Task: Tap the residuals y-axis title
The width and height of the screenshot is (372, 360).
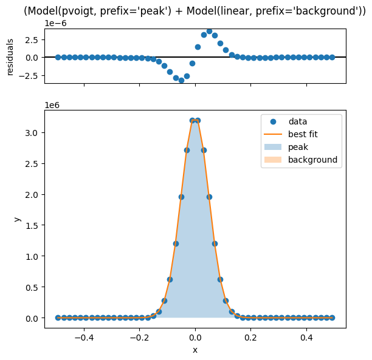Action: tap(10, 57)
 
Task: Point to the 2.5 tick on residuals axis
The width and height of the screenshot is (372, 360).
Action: tap(32, 40)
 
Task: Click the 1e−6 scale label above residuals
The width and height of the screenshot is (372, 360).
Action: tap(56, 23)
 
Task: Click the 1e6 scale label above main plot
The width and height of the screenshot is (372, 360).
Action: tap(52, 105)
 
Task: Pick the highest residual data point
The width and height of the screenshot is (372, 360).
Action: tap(209, 32)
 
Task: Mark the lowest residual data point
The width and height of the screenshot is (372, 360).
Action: tap(181, 80)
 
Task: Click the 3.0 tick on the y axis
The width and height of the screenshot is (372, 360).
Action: tap(32, 133)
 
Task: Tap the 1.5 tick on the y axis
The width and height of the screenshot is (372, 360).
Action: tap(32, 226)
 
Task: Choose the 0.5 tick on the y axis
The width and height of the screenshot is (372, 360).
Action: tap(32, 288)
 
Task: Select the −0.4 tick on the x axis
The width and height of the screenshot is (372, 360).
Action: tap(84, 338)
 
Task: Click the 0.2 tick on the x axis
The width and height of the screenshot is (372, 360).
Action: tap(251, 338)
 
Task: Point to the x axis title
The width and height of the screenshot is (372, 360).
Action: tap(195, 350)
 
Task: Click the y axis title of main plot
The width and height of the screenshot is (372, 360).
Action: tap(17, 219)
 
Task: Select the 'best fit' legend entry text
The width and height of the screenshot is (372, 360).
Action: tap(303, 134)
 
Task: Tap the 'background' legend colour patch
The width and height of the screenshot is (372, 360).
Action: tap(273, 160)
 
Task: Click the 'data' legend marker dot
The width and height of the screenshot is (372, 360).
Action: tap(273, 122)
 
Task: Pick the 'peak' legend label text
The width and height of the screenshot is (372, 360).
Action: tap(298, 147)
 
